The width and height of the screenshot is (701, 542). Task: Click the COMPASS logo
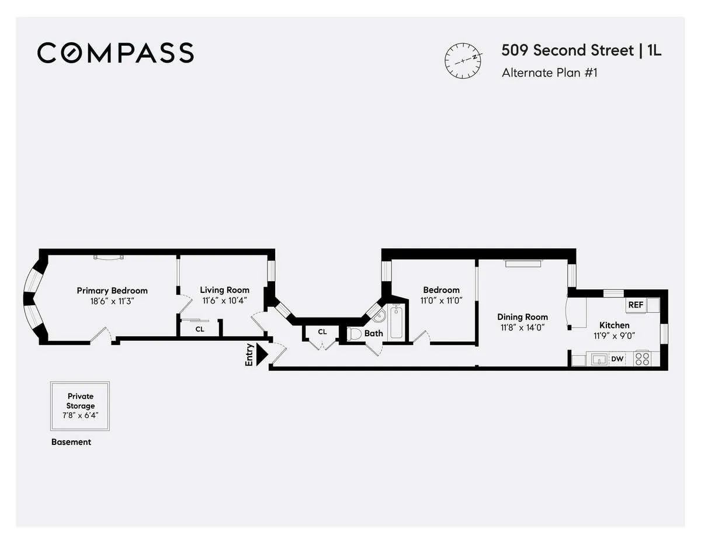coord(115,53)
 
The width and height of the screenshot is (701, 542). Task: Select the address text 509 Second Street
coord(567,51)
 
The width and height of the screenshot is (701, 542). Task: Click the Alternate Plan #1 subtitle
coord(549,73)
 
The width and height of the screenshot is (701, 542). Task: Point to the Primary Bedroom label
coord(112,291)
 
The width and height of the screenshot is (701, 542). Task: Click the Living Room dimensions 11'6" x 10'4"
coord(224,301)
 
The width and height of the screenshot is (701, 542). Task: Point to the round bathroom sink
coord(379,316)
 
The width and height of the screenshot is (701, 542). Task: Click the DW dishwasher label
coord(617,360)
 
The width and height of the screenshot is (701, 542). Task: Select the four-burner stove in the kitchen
coord(643,358)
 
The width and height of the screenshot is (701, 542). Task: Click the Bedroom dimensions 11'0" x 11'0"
coord(441,301)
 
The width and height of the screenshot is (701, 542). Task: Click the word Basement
coord(71,442)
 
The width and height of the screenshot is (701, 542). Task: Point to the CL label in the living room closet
coord(200,329)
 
